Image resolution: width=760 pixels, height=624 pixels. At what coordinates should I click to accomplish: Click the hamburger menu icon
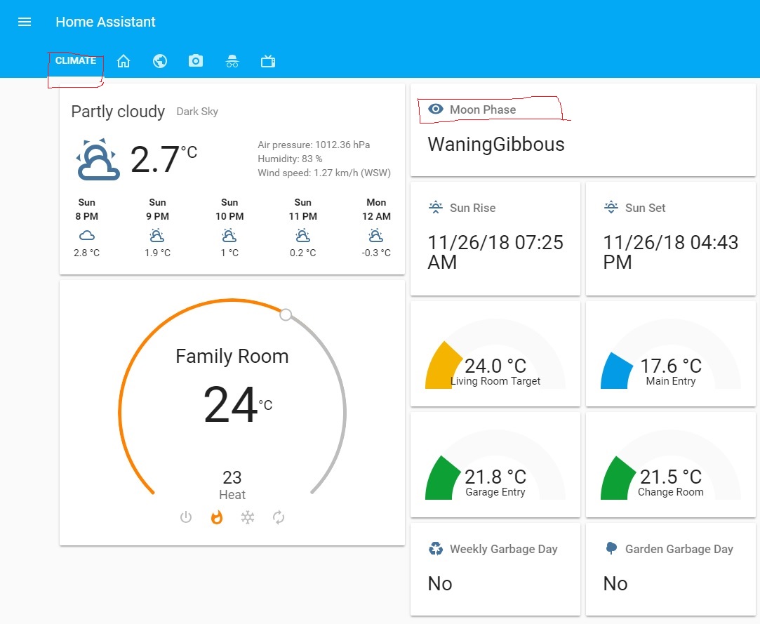(x=25, y=22)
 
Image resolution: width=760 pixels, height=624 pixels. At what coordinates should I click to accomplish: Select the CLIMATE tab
(x=76, y=61)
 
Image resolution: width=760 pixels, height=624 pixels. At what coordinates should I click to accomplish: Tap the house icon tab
(x=124, y=61)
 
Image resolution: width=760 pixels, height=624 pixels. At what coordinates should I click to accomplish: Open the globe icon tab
(x=160, y=61)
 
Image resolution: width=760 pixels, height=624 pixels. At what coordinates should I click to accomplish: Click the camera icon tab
(x=196, y=61)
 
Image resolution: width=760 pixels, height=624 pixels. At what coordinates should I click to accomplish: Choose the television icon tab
(x=267, y=61)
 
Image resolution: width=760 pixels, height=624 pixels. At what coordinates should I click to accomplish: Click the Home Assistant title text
(x=105, y=22)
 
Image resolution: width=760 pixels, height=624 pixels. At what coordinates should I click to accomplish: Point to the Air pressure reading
(x=314, y=145)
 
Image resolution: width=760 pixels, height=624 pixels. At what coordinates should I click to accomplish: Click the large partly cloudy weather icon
(x=97, y=160)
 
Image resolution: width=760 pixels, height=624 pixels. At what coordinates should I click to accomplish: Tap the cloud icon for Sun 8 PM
(x=87, y=235)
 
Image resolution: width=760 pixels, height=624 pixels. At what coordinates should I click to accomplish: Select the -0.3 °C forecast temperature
(x=376, y=253)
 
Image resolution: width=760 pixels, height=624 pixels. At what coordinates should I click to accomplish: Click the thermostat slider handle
(x=286, y=314)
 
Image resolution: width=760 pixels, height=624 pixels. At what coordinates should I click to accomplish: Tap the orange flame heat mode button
(x=217, y=517)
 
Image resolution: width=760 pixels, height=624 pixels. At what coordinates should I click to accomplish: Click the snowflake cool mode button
(x=248, y=517)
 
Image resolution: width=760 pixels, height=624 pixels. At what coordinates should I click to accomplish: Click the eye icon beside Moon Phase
(x=436, y=109)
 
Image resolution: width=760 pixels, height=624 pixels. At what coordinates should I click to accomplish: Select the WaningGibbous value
(x=496, y=145)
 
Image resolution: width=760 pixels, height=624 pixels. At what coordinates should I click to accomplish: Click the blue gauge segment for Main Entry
(x=615, y=371)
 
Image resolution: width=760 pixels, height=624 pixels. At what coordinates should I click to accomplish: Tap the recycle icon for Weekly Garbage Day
(x=436, y=548)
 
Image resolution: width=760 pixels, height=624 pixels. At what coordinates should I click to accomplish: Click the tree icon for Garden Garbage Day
(x=611, y=548)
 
